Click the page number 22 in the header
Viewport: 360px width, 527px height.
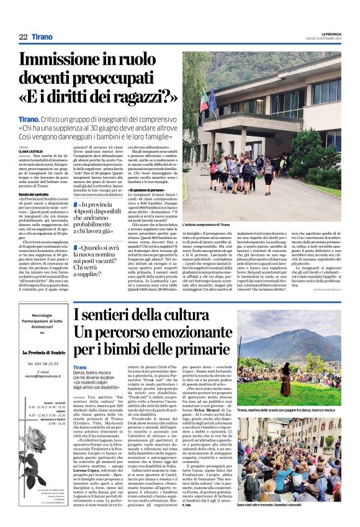23,37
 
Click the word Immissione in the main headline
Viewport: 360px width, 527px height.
65,61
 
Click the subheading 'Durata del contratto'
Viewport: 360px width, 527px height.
35,194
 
